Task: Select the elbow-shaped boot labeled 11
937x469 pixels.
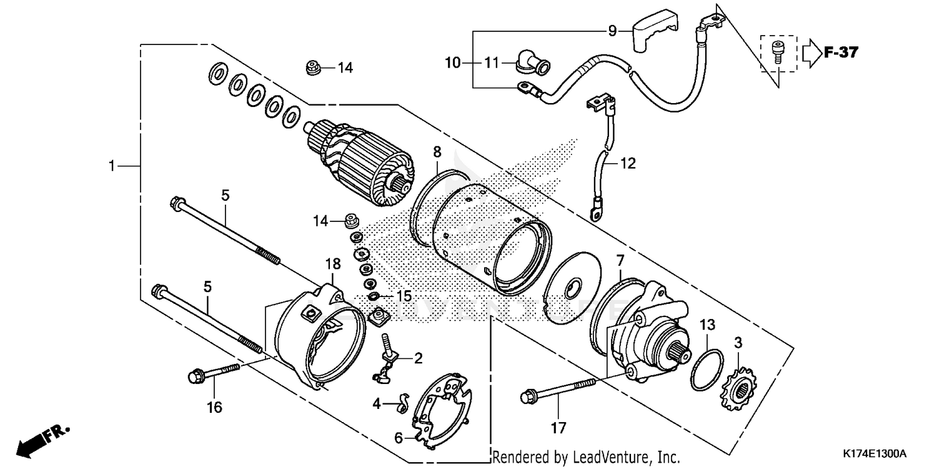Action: click(532, 63)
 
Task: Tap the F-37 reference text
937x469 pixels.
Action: click(841, 53)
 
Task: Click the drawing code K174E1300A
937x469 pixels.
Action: click(873, 453)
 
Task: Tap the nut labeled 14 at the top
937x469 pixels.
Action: click(314, 66)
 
